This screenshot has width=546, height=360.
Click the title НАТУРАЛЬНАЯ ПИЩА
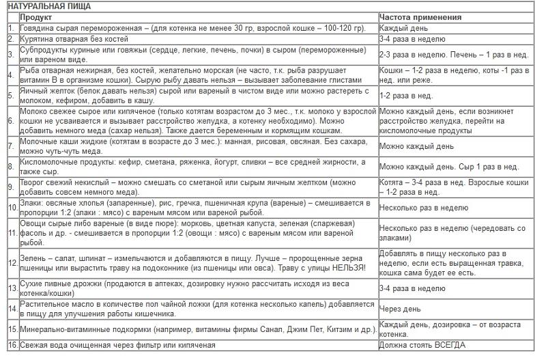(49, 6)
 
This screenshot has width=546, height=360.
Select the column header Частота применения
(421, 17)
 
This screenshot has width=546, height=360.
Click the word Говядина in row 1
(40, 28)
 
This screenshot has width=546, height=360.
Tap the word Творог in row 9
(34, 184)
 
